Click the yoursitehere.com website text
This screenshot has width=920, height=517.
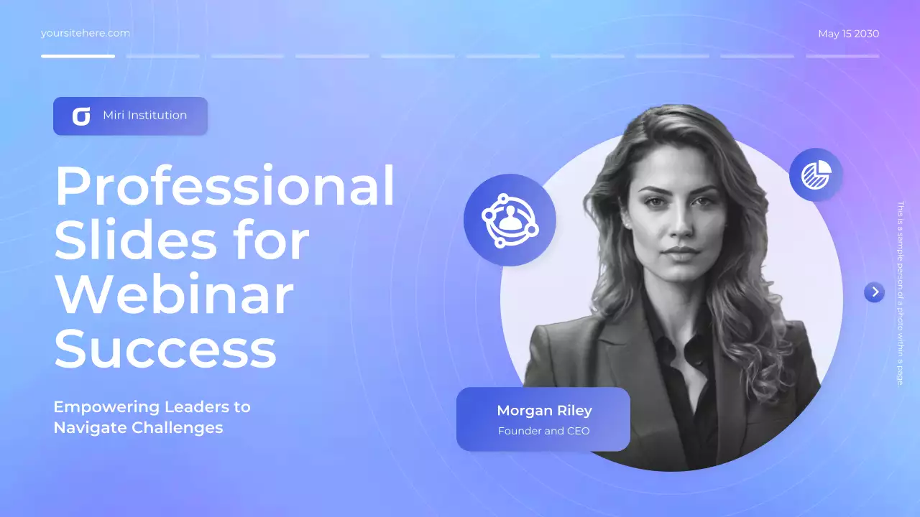[x=86, y=33]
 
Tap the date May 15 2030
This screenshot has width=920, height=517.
[x=848, y=34]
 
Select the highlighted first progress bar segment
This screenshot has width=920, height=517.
[x=78, y=56]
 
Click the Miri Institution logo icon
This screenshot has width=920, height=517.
[x=81, y=116]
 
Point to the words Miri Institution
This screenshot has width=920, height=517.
[x=144, y=116]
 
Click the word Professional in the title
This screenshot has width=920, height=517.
[x=225, y=186]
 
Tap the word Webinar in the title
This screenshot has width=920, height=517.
[x=174, y=295]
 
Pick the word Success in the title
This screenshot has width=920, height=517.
[x=165, y=350]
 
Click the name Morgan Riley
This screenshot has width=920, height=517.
[x=544, y=411]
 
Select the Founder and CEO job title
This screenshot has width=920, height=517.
[x=543, y=431]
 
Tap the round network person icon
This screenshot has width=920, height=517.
[x=510, y=220]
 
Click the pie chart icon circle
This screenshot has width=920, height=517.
[x=816, y=174]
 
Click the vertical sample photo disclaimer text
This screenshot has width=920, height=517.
[x=899, y=293]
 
